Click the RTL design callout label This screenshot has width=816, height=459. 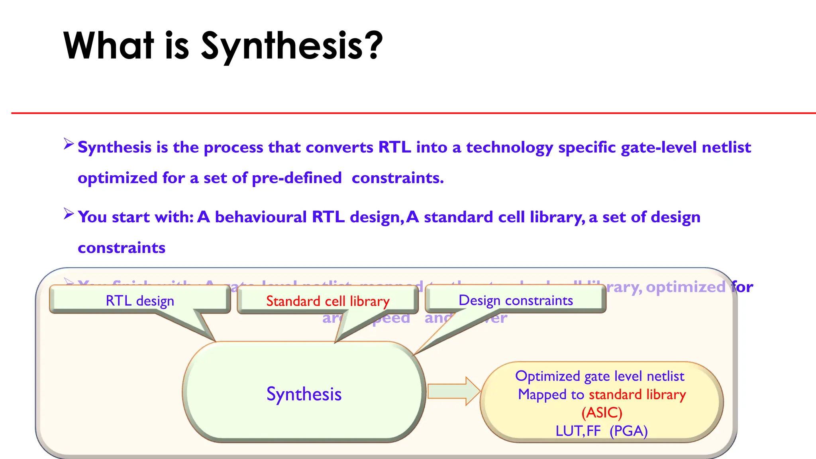pyautogui.click(x=140, y=301)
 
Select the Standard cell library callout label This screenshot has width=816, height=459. pyautogui.click(x=328, y=301)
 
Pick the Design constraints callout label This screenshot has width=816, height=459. pyautogui.click(x=516, y=300)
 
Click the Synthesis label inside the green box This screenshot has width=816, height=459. pyautogui.click(x=304, y=394)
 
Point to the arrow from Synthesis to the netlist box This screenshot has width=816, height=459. pyautogui.click(x=453, y=391)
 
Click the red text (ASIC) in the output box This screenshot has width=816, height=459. pyautogui.click(x=602, y=412)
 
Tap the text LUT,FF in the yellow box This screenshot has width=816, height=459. pyautogui.click(x=578, y=431)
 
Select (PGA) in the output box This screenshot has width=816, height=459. pyautogui.click(x=628, y=431)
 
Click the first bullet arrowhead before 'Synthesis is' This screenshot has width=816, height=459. pyautogui.click(x=69, y=144)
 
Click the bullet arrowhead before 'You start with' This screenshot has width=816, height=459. pyautogui.click(x=69, y=214)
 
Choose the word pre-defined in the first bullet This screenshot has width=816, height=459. pyautogui.click(x=296, y=178)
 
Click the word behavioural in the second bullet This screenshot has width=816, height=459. pyautogui.click(x=261, y=217)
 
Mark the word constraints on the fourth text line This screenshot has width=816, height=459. pyautogui.click(x=122, y=248)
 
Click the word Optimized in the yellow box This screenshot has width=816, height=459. pyautogui.click(x=547, y=376)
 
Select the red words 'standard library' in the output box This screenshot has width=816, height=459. pyautogui.click(x=637, y=394)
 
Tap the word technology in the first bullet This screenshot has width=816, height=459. pyautogui.click(x=509, y=147)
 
